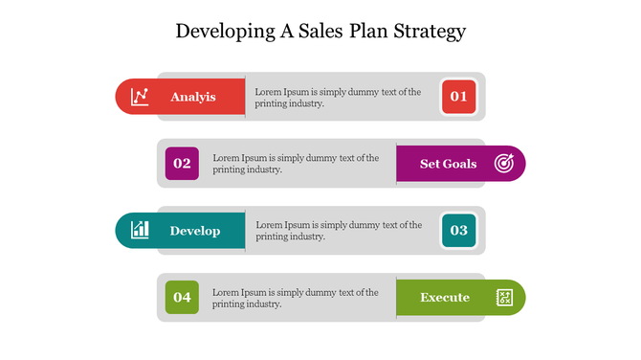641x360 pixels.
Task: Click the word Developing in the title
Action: coord(219,32)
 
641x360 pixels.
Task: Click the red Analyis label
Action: coord(192,97)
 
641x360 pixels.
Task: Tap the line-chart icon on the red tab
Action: coord(141,97)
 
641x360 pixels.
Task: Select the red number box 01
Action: coord(458,97)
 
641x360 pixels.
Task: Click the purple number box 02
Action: coord(182,164)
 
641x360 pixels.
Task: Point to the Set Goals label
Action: coord(448,164)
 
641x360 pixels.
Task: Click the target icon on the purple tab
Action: coord(504,164)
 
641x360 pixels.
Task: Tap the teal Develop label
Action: coord(194,231)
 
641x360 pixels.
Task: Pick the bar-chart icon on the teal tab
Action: coord(141,230)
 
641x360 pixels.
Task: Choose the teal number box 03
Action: coord(458,231)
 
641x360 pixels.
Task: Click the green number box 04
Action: coord(182,298)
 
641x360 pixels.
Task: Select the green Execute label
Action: coord(445,298)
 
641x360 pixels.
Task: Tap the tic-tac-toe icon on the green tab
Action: coord(504,298)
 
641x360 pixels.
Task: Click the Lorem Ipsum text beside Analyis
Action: coord(337,98)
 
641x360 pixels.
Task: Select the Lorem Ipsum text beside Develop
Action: coord(337,231)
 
